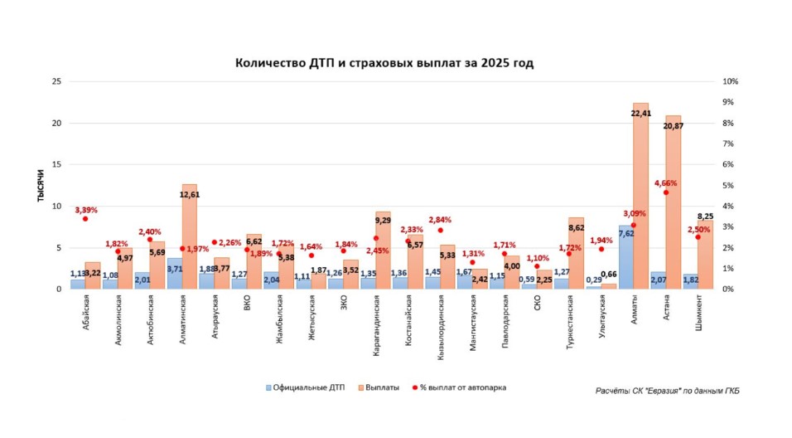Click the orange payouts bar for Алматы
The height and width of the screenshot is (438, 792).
coord(640,199)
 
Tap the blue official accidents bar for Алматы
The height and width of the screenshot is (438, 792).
coord(625,257)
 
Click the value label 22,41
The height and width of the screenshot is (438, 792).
coord(641,114)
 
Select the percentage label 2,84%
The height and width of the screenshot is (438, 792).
coord(440,220)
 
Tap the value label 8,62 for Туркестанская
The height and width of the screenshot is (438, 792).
coord(577,227)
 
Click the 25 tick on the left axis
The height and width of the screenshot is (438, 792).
coord(56,82)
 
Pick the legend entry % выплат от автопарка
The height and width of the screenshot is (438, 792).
coord(462,387)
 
